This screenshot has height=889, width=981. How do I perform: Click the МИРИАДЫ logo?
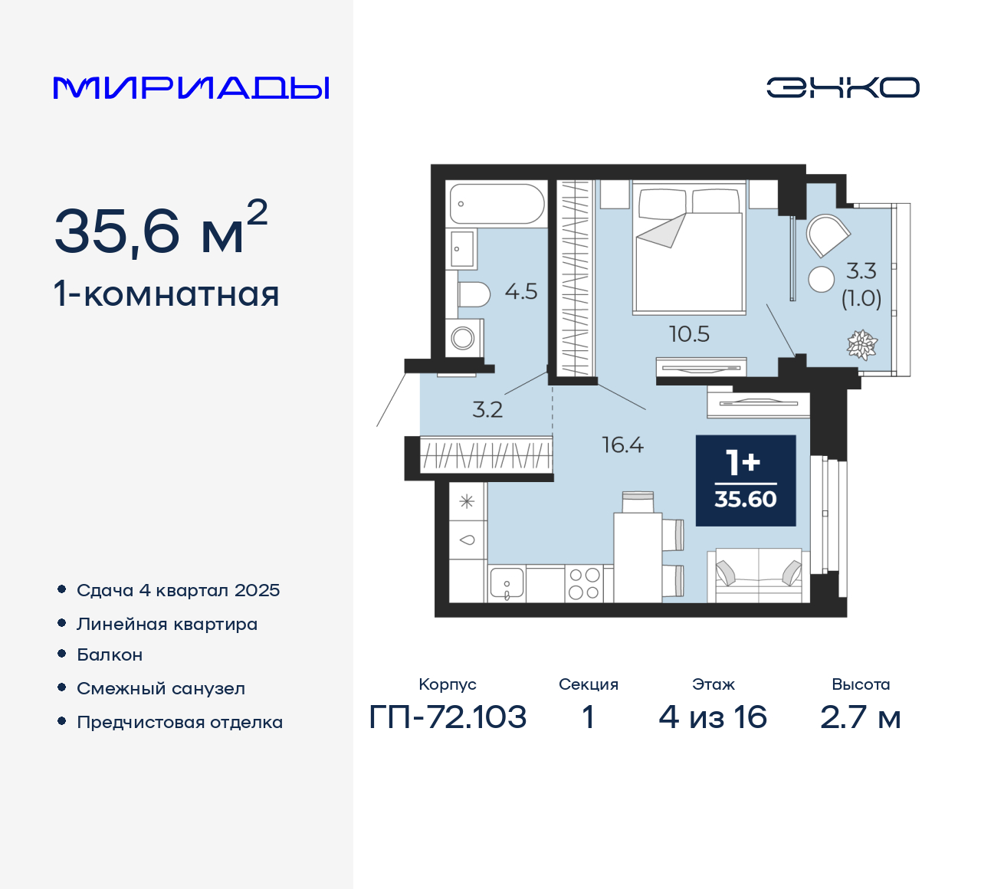(192, 88)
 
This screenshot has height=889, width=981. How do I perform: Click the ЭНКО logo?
(843, 87)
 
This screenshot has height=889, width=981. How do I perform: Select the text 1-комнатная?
(166, 294)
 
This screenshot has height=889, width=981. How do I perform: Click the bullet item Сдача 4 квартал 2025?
(178, 590)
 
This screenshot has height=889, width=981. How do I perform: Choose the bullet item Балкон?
(110, 654)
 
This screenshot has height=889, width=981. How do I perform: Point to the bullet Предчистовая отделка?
(179, 722)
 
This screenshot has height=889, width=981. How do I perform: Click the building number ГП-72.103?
(448, 717)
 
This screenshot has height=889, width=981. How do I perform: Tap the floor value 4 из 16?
(713, 717)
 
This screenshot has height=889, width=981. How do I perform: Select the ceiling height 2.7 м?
(860, 717)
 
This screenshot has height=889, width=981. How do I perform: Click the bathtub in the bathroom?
(497, 204)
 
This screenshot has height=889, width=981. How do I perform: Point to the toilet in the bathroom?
(473, 294)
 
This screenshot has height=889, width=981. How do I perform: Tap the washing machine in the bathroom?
(464, 337)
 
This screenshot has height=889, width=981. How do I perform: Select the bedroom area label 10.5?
(689, 334)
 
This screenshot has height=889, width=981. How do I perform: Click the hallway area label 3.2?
(487, 409)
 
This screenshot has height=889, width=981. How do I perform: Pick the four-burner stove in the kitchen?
(583, 584)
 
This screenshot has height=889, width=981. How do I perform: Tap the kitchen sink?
(507, 584)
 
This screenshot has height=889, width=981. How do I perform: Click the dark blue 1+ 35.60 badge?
(745, 481)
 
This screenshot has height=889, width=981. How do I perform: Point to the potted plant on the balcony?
(861, 345)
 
